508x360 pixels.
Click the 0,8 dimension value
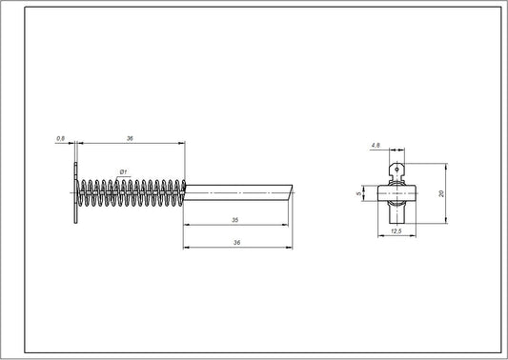click(x=60, y=139)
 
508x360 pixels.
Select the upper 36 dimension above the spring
click(x=129, y=139)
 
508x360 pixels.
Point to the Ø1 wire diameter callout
click(x=123, y=171)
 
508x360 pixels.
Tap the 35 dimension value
click(x=234, y=220)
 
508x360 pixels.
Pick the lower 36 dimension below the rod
click(x=234, y=242)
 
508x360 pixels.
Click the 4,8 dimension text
click(x=377, y=146)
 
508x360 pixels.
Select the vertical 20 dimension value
click(x=442, y=192)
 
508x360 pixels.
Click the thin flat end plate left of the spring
click(x=75, y=193)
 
